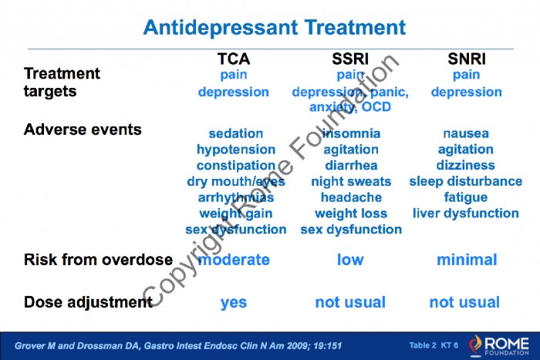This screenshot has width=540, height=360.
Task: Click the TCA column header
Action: (234, 59)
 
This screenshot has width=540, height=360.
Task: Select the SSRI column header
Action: (350, 59)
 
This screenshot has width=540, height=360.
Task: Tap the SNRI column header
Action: (467, 59)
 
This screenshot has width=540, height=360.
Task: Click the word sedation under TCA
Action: (236, 133)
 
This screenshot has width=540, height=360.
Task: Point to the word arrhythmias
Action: (236, 197)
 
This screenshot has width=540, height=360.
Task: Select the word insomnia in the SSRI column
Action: (351, 133)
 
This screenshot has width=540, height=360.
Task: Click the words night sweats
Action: (351, 182)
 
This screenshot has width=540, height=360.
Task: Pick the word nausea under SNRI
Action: (466, 133)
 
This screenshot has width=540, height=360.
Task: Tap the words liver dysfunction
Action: (466, 214)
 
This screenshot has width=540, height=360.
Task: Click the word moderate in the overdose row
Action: (235, 260)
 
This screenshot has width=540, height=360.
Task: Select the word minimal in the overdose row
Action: (467, 260)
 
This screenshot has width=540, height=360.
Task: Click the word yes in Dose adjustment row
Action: (234, 303)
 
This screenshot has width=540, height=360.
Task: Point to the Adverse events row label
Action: (83, 130)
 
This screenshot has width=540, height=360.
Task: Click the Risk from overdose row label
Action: (98, 260)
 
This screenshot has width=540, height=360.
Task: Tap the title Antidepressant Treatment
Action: (275, 28)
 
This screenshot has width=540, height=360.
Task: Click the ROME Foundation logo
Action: (498, 345)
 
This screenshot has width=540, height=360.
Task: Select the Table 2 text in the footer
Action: (423, 345)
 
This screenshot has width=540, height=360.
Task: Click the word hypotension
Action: (236, 150)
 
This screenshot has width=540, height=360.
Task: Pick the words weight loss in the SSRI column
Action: (351, 214)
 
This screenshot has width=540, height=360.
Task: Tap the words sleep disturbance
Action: (466, 181)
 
